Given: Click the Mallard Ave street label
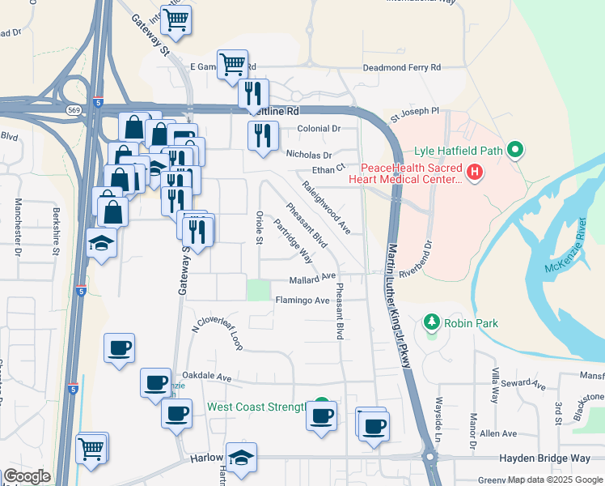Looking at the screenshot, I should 312,277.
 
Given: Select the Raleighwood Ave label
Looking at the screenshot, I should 326,207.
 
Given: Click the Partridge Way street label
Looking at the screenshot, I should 293,241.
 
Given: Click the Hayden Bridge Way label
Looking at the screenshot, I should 544,458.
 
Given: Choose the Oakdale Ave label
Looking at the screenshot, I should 207,377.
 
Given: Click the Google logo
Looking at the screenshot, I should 27,475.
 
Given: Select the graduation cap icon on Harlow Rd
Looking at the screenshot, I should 241,458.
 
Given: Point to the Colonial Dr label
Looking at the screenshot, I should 319,129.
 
